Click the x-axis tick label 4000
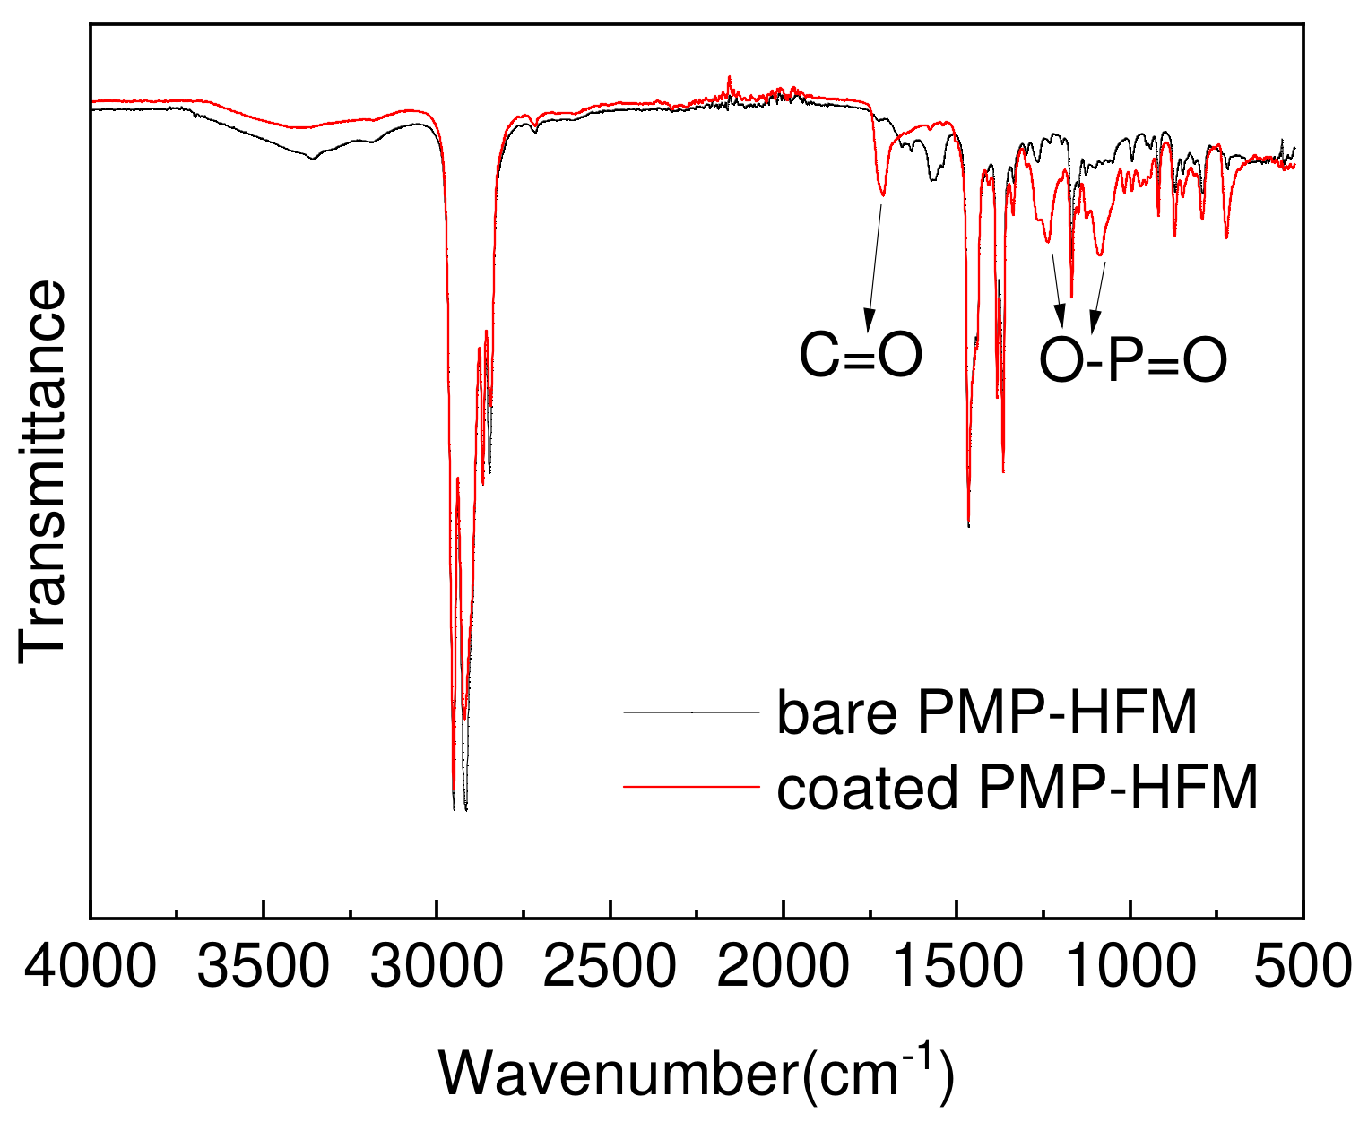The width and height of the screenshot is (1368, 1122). [x=90, y=968]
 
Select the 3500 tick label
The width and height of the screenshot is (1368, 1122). [x=264, y=968]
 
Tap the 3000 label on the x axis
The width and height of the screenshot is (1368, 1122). [x=437, y=968]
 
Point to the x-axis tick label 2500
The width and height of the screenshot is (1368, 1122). [x=610, y=968]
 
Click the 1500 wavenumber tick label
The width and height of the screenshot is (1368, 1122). [x=957, y=968]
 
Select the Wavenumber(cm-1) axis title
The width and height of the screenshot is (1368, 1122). [x=696, y=1072]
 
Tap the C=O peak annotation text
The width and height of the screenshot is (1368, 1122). [x=861, y=356]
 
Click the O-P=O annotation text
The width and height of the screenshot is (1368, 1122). [x=1133, y=362]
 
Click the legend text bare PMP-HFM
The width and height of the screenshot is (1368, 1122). [x=987, y=713]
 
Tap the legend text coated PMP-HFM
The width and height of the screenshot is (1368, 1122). [x=1017, y=788]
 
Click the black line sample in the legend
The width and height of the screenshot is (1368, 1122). [x=691, y=712]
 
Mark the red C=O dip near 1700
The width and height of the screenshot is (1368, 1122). [x=883, y=194]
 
